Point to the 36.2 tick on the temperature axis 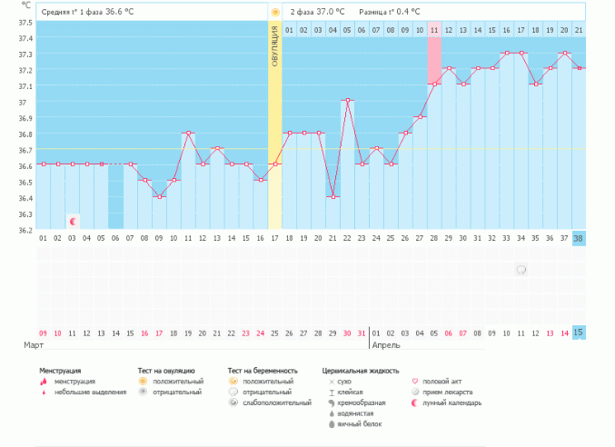click(25, 230)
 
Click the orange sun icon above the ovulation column click(274, 12)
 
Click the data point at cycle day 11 click(188, 133)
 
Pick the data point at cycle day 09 click(159, 196)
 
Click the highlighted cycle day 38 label click(579, 238)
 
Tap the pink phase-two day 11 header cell click(434, 30)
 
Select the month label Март click(32, 346)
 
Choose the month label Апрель click(386, 346)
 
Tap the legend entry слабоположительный click(277, 402)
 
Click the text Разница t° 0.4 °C click(390, 12)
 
